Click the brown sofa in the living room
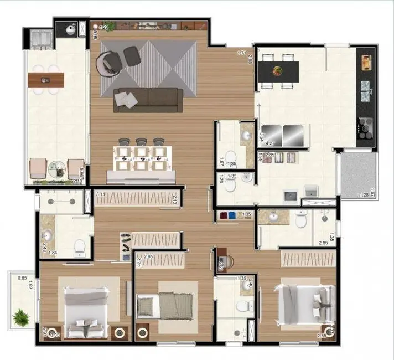148,100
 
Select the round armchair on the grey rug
107,61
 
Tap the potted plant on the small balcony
22,318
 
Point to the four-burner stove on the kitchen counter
366,128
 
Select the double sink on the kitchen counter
366,91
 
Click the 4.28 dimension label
103,27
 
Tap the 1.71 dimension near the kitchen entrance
241,53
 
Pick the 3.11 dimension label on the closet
101,195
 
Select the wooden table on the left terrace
46,80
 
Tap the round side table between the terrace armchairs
56,168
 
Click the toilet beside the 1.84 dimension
80,245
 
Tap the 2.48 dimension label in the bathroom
44,247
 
